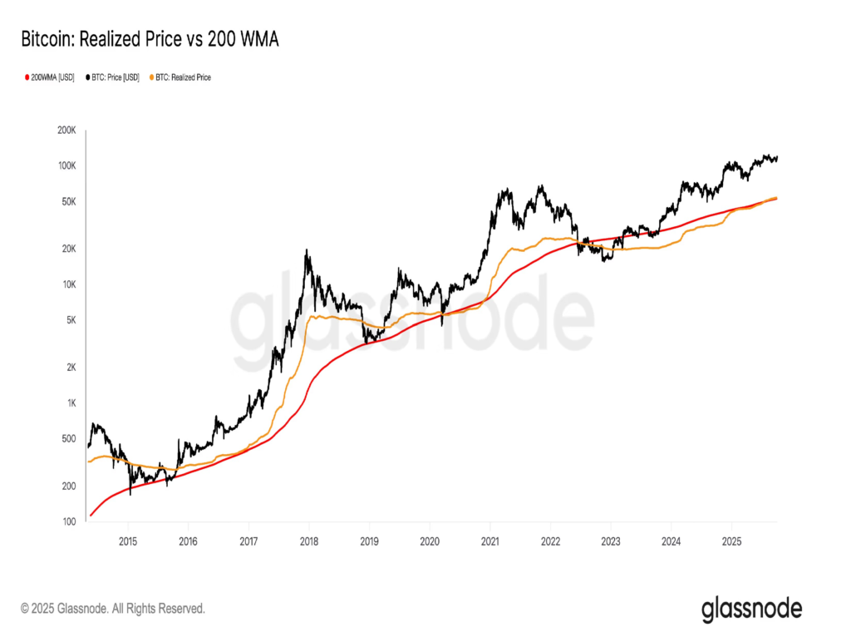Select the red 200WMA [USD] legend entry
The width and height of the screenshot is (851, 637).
coord(49,77)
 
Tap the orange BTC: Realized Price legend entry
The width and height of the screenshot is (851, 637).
coord(179,77)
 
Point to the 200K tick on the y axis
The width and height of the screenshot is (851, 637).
coord(66,131)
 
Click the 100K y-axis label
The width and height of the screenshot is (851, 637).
coord(66,166)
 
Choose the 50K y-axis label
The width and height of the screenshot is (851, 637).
coord(67,202)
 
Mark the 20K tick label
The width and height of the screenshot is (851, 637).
coord(67,249)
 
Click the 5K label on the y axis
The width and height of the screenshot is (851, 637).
coord(69,320)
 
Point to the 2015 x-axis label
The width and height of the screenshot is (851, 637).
coord(128,539)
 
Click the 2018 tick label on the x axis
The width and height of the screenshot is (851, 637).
coord(309,539)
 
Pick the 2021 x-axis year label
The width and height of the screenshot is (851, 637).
coord(490,539)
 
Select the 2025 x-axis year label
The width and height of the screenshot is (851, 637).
coord(731,539)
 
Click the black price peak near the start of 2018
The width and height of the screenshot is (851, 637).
coord(308,250)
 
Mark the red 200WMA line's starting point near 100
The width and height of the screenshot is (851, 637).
coord(91,516)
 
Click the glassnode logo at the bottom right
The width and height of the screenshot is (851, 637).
coord(752,609)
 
